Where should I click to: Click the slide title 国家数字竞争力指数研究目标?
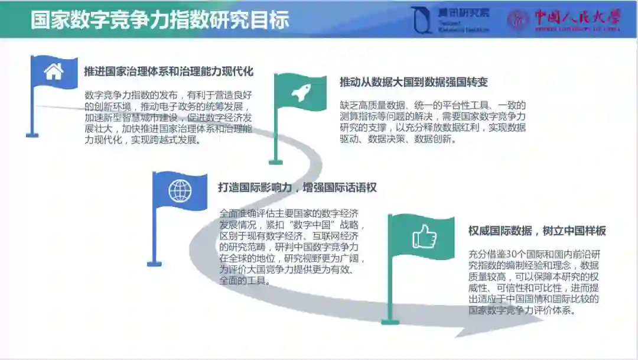[x=159, y=19]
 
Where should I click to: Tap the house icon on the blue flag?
[x=54, y=72]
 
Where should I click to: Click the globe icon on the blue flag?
[x=180, y=190]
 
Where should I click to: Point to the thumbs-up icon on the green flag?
[x=424, y=237]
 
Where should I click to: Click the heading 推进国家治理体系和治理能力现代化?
[x=168, y=72]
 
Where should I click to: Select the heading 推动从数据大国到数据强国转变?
[x=414, y=82]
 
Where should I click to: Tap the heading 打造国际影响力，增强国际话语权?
[x=297, y=187]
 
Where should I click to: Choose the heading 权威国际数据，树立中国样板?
[x=537, y=231]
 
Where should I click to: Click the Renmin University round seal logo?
[x=519, y=20]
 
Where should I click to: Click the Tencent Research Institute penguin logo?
[x=421, y=20]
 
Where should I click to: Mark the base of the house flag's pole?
[x=32, y=135]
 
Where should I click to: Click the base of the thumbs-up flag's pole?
[x=390, y=322]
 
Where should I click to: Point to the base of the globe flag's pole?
[x=154, y=263]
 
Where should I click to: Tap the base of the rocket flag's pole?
[x=275, y=161]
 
